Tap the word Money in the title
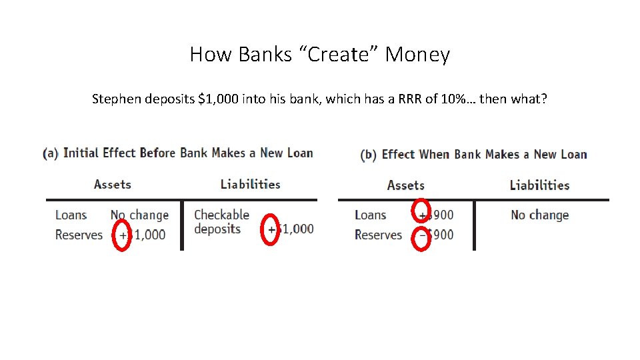pyautogui.click(x=417, y=55)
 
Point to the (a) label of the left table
pyautogui.click(x=50, y=153)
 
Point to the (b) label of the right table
pyautogui.click(x=368, y=155)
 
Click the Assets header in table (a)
pyautogui.click(x=112, y=185)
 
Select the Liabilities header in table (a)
pyautogui.click(x=250, y=185)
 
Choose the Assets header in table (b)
pyautogui.click(x=405, y=185)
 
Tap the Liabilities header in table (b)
pyautogui.click(x=539, y=185)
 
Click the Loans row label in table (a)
pyautogui.click(x=71, y=215)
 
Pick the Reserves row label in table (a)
pyautogui.click(x=79, y=235)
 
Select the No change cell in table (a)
pyautogui.click(x=139, y=215)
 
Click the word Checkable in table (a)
pyautogui.click(x=221, y=215)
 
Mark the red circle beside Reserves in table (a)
pyautogui.click(x=122, y=235)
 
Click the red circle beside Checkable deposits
pyautogui.click(x=270, y=229)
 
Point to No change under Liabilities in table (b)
pyautogui.click(x=539, y=215)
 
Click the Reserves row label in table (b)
pyautogui.click(x=378, y=235)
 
